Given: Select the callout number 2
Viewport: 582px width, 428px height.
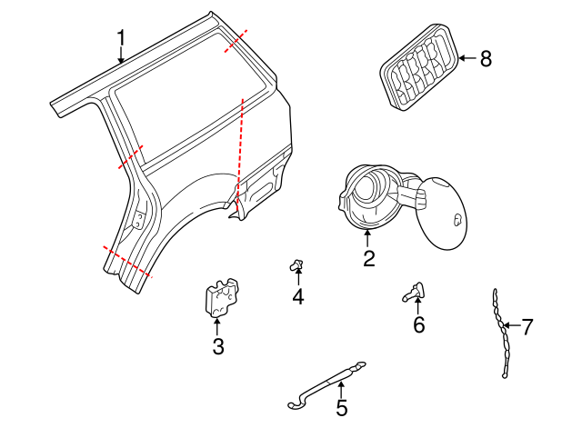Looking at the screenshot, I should coord(368,259).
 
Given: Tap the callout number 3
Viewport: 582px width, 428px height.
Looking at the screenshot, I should coord(217,346).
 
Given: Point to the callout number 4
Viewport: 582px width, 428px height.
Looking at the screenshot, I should coord(298,296).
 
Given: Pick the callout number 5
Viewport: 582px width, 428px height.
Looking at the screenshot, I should coord(341,408).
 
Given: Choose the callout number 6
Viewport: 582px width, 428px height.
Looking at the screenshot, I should coord(418,324).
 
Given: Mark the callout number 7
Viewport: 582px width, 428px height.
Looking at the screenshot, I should coord(527,325).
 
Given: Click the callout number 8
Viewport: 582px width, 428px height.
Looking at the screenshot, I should coord(485,59).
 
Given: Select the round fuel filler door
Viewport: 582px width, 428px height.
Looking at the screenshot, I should coord(443,213).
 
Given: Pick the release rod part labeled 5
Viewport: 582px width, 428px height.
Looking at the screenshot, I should coord(327,382).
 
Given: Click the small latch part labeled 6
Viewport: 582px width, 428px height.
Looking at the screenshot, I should coord(414,292).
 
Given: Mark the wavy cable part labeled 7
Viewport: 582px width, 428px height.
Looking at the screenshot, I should coord(499,332).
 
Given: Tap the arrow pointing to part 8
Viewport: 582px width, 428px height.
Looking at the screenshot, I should coord(466,59).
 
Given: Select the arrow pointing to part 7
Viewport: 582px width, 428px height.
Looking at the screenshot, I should coord(511,325).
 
